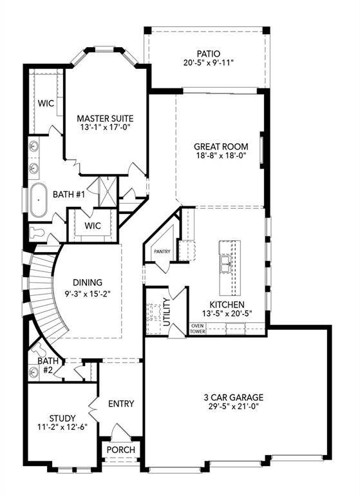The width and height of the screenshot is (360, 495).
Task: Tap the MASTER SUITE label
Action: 105,119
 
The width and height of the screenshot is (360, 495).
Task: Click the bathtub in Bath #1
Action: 38,201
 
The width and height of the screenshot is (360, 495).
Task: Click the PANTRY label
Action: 160,251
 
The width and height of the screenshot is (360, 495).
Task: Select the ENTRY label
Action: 121,404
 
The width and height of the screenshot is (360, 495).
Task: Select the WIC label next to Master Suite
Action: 45,102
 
